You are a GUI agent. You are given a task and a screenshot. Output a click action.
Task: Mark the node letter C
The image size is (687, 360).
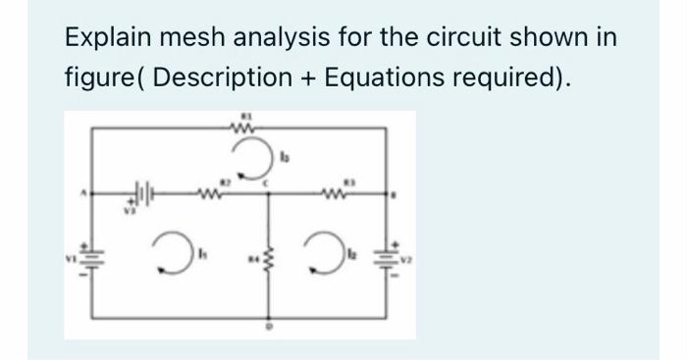[279, 184]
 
